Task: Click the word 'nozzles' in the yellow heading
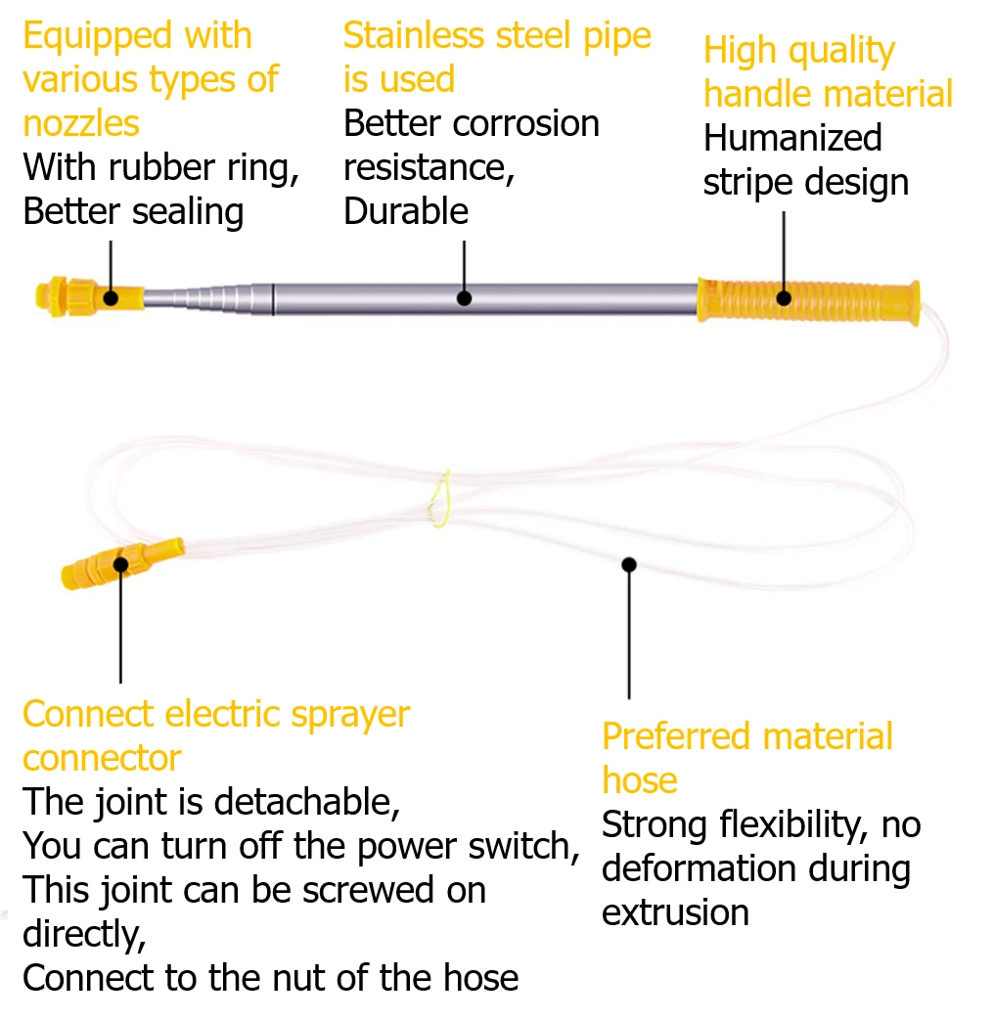tap(81, 124)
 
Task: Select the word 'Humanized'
tap(792, 138)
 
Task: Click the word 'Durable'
tap(406, 211)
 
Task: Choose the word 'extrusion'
tap(675, 912)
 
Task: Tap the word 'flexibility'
tap(793, 825)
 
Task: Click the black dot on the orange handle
tap(784, 298)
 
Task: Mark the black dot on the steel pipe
tap(464, 298)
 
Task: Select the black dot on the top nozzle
tap(111, 298)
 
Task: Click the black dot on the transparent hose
tap(628, 564)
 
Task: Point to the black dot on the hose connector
tap(120, 564)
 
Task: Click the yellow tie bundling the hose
tap(440, 499)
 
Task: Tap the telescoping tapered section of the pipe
tap(207, 299)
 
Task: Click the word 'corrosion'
tap(525, 124)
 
